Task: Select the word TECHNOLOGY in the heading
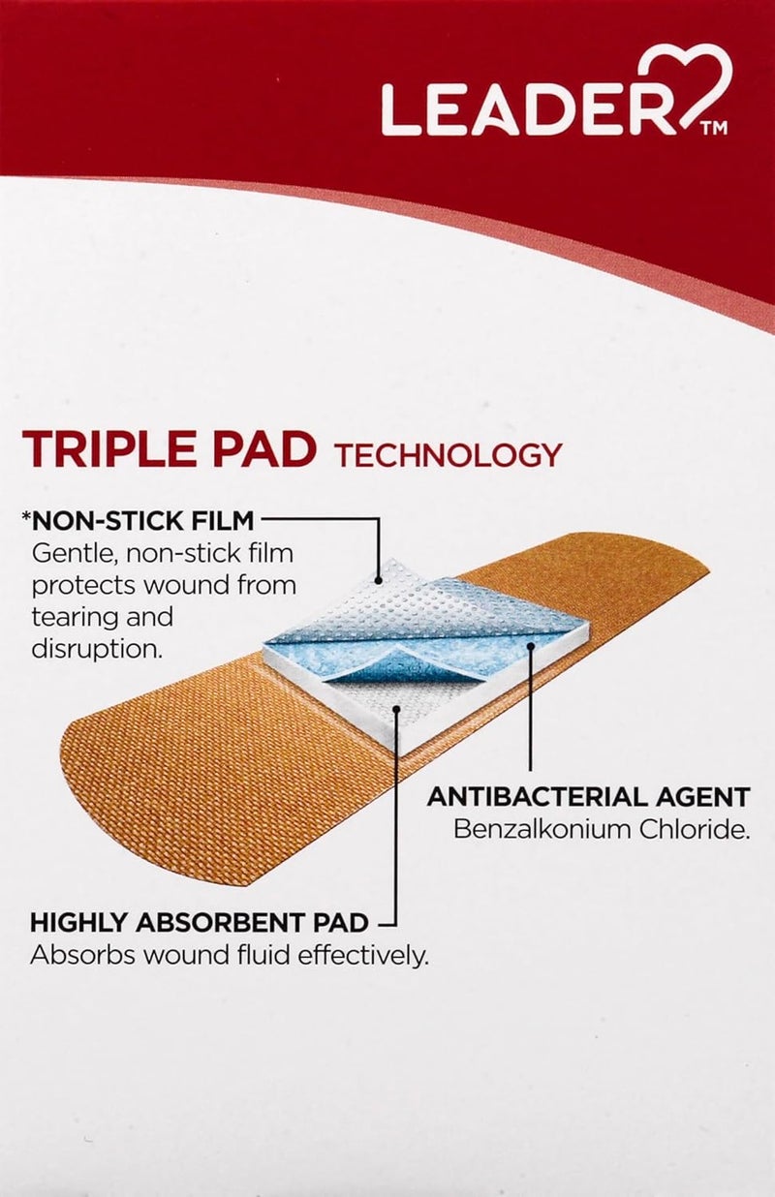click(x=448, y=454)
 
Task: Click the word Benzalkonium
click(x=544, y=830)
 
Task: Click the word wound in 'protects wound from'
click(x=176, y=586)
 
